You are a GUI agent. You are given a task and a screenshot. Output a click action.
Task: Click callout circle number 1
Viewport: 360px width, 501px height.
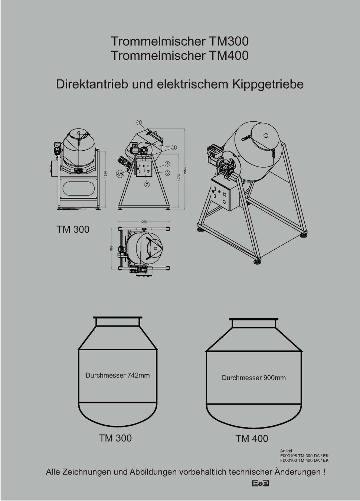point(139,122)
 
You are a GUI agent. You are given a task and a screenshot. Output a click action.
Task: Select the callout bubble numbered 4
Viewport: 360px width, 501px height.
point(174,147)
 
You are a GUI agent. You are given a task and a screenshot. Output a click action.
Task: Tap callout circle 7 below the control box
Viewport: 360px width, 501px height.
point(147,184)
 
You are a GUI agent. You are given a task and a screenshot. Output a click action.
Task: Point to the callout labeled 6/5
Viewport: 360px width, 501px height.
point(120,174)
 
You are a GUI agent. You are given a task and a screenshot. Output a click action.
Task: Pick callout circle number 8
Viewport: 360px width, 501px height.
point(168,173)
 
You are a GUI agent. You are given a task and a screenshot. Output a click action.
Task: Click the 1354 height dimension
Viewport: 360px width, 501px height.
point(106,174)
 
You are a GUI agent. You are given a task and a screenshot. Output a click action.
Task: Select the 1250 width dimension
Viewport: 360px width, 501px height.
point(144,222)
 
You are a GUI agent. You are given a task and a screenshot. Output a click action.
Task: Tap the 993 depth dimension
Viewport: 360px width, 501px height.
point(112,248)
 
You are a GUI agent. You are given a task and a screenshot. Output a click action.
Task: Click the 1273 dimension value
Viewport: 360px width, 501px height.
point(179,178)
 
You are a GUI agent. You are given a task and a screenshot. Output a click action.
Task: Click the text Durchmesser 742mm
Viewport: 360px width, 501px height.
point(118,375)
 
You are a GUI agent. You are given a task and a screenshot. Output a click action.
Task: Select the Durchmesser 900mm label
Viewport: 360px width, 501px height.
point(253,378)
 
